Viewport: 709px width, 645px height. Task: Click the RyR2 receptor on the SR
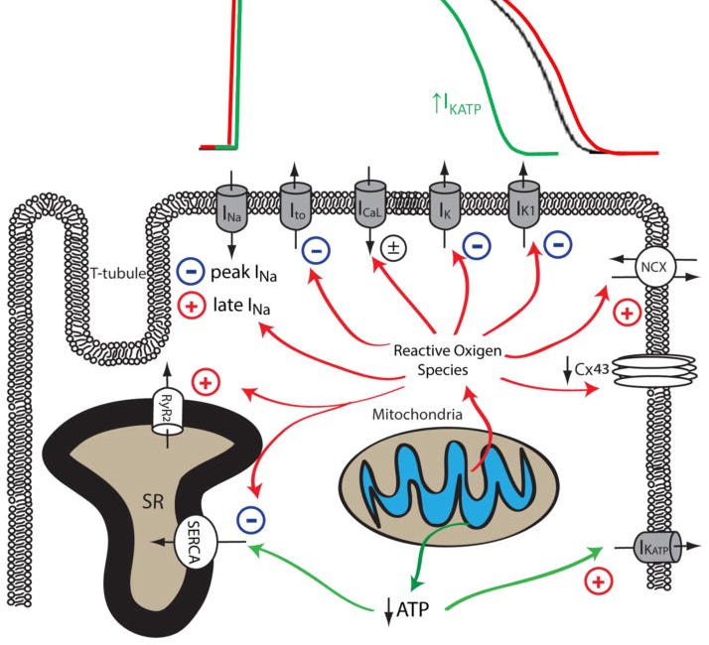(168, 407)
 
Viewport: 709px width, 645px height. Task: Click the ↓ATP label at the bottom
(406, 606)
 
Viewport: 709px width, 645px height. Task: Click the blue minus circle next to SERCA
(253, 517)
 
